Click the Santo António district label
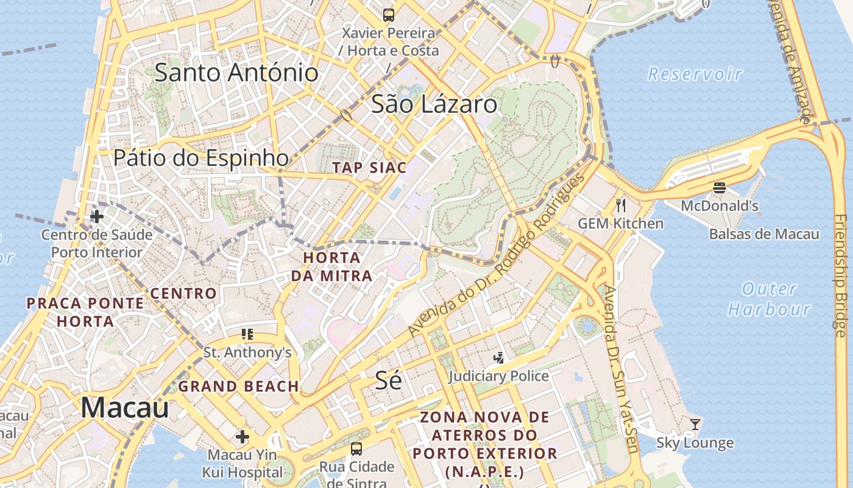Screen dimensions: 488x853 [236, 73]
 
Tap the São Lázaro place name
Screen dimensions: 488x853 [434, 104]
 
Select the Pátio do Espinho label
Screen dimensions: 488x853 [201, 158]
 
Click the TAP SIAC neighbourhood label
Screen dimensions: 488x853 [369, 168]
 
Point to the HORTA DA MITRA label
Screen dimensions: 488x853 [331, 267]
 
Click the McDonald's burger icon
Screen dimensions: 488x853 [719, 188]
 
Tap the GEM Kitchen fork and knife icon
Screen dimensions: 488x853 [621, 205]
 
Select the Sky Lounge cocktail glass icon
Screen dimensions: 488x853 [695, 424]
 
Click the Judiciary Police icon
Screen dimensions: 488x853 [498, 358]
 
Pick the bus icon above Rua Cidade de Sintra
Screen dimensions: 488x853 [356, 449]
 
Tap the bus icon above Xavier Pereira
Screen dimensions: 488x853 [388, 15]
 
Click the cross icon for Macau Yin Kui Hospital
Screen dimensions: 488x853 [242, 437]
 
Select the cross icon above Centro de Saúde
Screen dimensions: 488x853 [96, 216]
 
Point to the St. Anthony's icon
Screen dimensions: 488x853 [247, 334]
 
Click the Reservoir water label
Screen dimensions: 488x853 [695, 74]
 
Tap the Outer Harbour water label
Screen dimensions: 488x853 [770, 299]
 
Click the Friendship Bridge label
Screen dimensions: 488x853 [840, 274]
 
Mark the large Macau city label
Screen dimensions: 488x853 [124, 407]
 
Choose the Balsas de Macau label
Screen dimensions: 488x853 [764, 234]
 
